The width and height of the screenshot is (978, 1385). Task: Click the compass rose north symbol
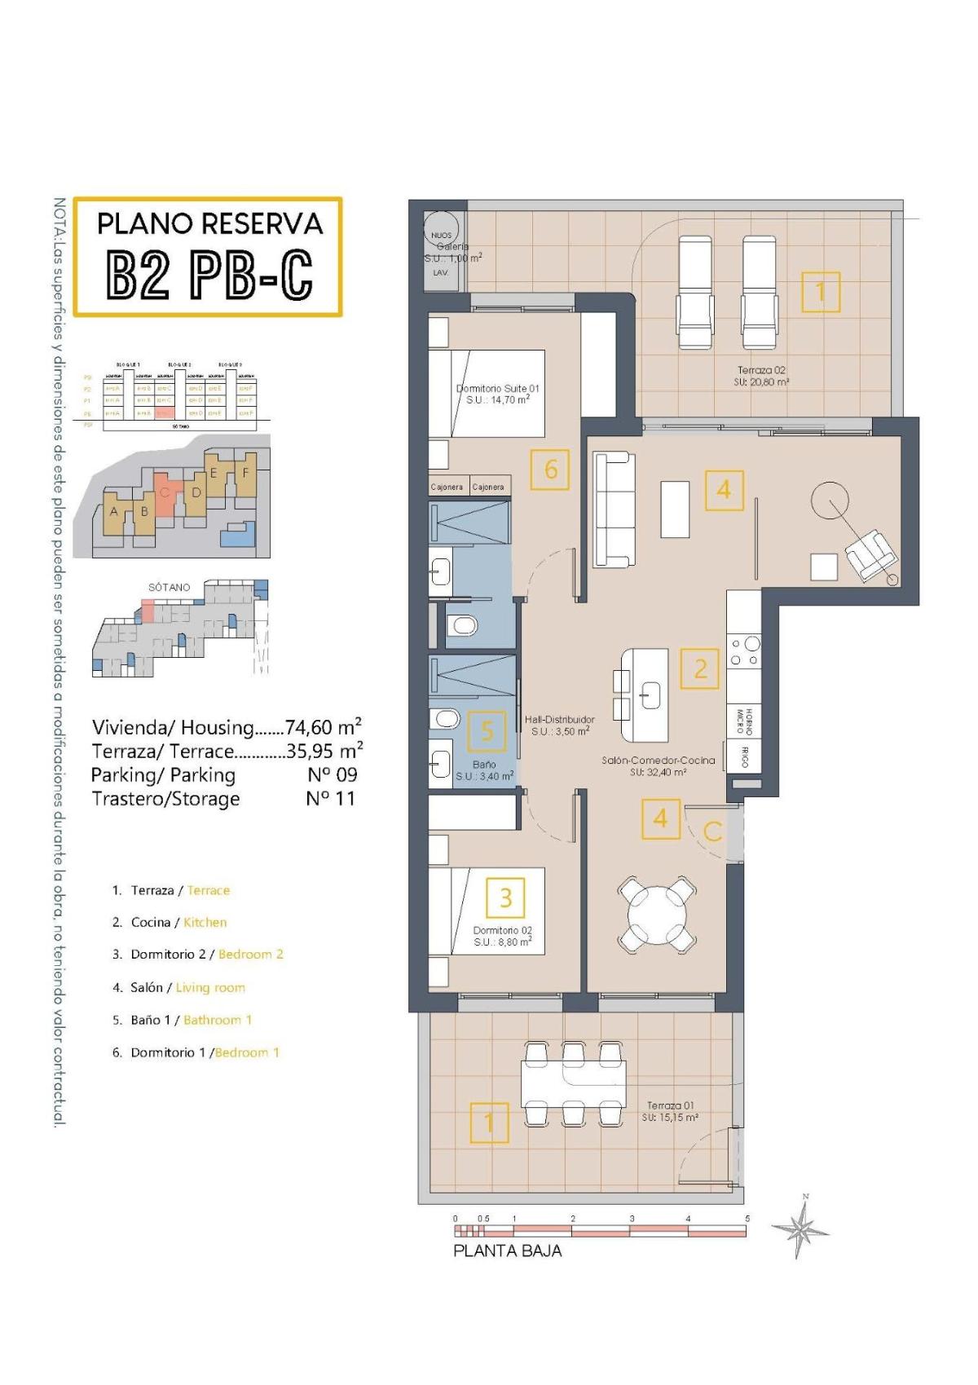(x=804, y=1227)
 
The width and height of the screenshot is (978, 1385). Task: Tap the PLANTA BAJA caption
(x=507, y=1250)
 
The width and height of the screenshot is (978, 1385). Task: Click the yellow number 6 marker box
(x=551, y=470)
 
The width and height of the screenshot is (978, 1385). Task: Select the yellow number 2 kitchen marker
(x=700, y=668)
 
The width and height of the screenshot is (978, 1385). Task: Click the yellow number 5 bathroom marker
(x=487, y=730)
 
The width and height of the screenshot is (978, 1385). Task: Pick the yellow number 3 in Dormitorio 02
(x=505, y=898)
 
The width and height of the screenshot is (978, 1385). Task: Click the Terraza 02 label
(x=761, y=376)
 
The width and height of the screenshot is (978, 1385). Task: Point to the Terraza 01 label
(x=670, y=1111)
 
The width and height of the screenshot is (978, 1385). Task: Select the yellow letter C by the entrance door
(x=712, y=831)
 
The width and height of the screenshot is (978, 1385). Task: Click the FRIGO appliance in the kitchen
(x=745, y=756)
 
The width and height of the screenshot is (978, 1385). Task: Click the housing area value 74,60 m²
(x=323, y=726)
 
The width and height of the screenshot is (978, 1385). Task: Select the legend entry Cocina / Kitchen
(x=178, y=922)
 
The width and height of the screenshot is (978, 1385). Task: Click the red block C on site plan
(x=165, y=495)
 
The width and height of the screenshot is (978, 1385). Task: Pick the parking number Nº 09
(x=332, y=774)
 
